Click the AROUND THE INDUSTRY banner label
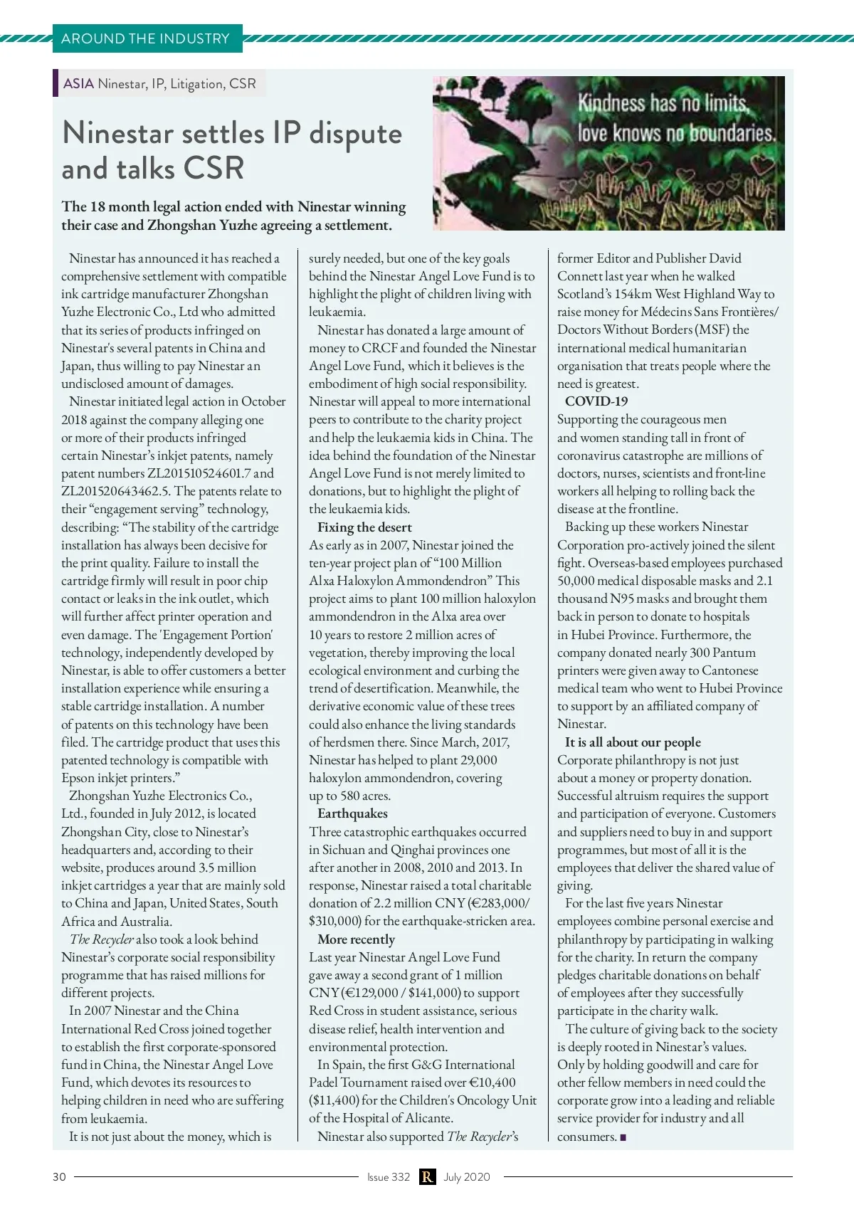[x=145, y=38]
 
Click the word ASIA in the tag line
[x=78, y=83]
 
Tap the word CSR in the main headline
[x=213, y=169]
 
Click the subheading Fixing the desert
[x=364, y=527]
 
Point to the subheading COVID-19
[x=596, y=401]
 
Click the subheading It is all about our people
[x=633, y=742]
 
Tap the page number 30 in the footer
[x=59, y=1176]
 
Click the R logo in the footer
[x=427, y=1176]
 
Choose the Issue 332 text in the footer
[x=389, y=1176]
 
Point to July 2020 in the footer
[x=467, y=1176]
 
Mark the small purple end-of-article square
[x=623, y=1137]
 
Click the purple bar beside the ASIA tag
[x=56, y=83]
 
